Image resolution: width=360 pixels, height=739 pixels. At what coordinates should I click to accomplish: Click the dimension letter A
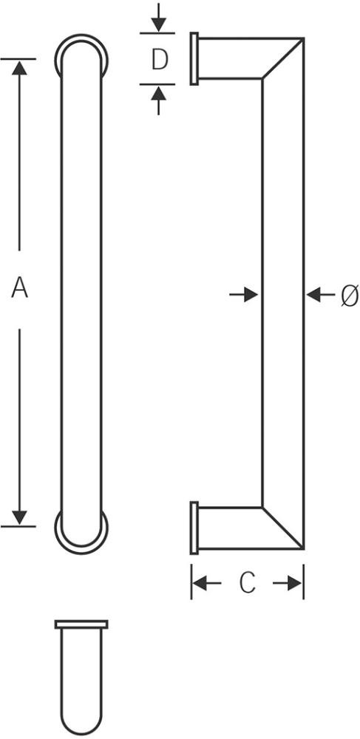pos(20,288)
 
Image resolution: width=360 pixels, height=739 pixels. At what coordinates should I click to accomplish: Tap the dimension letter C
pos(247,583)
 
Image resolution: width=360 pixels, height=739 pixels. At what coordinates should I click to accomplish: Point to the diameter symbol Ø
pos(350,296)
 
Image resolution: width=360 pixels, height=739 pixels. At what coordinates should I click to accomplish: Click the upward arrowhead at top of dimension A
pos(19,68)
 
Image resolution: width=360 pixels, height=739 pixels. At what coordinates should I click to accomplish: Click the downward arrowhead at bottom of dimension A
pos(19,517)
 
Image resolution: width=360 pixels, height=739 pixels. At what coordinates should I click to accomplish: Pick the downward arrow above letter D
pos(158,18)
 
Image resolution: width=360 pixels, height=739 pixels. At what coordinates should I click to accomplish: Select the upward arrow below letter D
pos(158,101)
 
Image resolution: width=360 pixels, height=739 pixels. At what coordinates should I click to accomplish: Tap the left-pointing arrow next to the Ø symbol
pos(320,296)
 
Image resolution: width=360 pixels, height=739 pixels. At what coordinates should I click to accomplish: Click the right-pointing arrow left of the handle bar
pos(244,296)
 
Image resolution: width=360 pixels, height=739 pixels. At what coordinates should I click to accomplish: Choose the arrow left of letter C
pos(207,584)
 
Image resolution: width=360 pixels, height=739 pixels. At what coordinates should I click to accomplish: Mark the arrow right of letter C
pos(288,584)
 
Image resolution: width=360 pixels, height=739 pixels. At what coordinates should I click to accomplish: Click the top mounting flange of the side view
pos(194,58)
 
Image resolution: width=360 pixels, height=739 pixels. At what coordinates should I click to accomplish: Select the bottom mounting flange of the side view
pos(194,528)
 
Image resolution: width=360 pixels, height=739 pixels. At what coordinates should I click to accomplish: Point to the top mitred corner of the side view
pos(282,58)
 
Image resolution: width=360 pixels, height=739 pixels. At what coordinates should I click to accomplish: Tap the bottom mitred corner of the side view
pos(282,528)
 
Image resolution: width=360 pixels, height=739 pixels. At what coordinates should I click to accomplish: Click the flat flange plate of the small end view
pos(81,624)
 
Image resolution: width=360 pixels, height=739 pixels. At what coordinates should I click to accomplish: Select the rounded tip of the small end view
pos(81,733)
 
